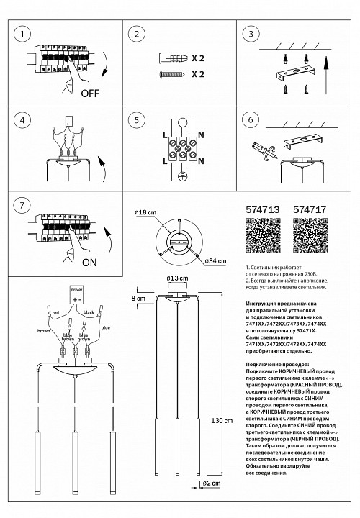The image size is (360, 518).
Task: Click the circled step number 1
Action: point(24,34)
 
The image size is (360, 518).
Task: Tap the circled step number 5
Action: point(137,120)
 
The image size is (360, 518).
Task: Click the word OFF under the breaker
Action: point(90,94)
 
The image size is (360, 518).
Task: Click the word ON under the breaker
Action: point(90,263)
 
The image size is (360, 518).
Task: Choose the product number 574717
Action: point(310,212)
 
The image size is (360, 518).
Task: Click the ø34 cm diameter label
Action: point(217,260)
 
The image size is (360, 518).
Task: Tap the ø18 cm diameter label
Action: point(145,214)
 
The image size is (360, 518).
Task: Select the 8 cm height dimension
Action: point(138,298)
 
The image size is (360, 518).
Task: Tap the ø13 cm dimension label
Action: point(177,278)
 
